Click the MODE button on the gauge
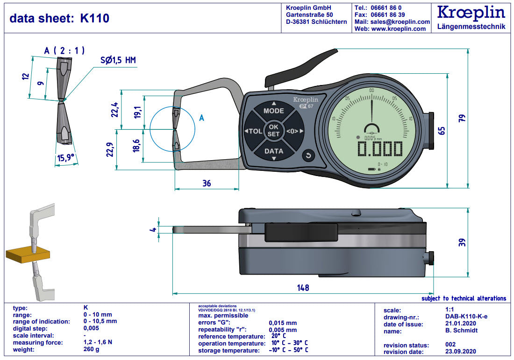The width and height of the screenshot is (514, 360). tap(274, 111)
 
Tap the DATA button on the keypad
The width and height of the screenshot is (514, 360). tap(274, 151)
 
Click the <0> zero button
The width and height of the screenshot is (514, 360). tap(293, 131)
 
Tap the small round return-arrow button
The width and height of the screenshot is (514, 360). tap(308, 156)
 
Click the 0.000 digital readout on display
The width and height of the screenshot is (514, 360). tap(379, 149)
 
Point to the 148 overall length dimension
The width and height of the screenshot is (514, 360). tap(303, 288)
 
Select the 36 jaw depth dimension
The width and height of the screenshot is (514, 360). tap(207, 184)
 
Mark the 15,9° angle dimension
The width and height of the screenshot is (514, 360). tap(65, 158)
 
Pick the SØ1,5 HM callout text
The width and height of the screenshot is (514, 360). tap(118, 60)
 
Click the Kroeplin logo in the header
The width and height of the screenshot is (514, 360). tap(471, 13)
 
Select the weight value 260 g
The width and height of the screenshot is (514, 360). tap(91, 349)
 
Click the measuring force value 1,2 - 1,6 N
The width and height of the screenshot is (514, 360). tap(98, 342)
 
